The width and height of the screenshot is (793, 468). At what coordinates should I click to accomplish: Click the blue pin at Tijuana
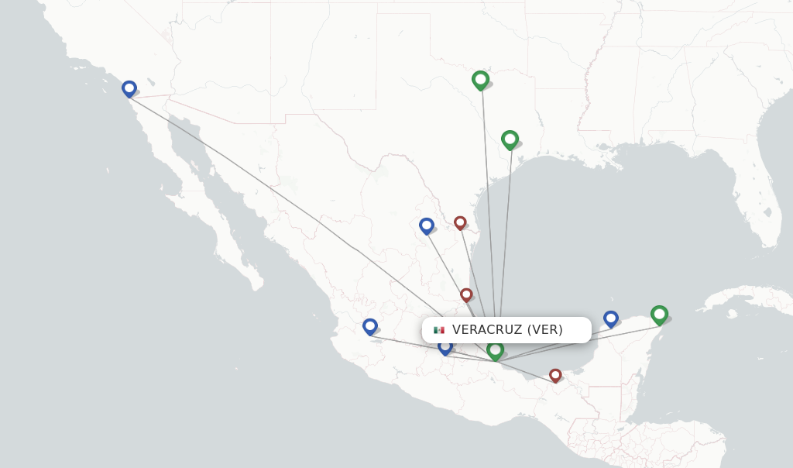click(x=129, y=88)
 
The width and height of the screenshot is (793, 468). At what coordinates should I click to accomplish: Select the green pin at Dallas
click(x=480, y=79)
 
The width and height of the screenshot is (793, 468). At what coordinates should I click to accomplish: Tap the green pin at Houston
click(x=510, y=139)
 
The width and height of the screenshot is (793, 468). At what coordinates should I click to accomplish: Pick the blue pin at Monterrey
click(x=427, y=225)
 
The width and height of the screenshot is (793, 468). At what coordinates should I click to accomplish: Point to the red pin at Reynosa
click(x=460, y=222)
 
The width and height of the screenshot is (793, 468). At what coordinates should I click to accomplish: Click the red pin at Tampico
click(x=466, y=294)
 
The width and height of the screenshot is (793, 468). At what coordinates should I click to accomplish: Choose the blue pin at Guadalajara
click(x=370, y=327)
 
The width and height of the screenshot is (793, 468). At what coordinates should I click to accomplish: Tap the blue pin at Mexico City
click(x=445, y=346)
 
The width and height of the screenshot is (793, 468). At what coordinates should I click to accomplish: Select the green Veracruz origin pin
click(x=496, y=351)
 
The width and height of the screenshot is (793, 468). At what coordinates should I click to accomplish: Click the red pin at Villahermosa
click(x=555, y=375)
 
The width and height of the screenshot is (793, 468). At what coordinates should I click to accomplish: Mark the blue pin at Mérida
click(x=611, y=318)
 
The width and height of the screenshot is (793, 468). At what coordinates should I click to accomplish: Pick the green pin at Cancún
click(x=659, y=314)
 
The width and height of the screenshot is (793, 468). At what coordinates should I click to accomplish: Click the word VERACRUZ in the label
click(x=487, y=330)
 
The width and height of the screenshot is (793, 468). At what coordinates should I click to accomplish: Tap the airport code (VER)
click(x=545, y=330)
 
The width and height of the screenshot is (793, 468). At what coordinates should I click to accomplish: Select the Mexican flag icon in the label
click(x=439, y=330)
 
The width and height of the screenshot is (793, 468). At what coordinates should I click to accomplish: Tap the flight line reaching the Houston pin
click(x=506, y=232)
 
